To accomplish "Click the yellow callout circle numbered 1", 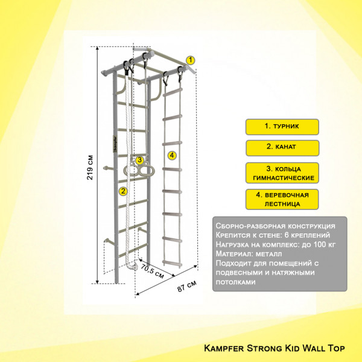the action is coord(190,60).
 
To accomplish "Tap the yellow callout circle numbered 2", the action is coord(123,191).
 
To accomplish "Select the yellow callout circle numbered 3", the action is coord(140,160).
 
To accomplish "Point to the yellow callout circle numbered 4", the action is coord(172,156).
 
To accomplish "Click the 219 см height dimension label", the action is coord(90,167).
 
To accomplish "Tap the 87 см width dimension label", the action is coord(187,286).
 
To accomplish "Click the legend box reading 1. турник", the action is coord(282,127).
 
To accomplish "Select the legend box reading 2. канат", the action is coord(282,148).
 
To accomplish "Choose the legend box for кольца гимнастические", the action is coord(282,173).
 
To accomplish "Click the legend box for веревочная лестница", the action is coord(282,199).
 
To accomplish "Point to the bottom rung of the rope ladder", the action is coord(172,262).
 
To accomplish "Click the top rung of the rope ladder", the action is coord(173,92).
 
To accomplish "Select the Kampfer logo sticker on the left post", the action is coord(115,144).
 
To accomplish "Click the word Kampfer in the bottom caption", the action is coord(223,348).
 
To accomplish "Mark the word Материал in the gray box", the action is coord(232,254).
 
